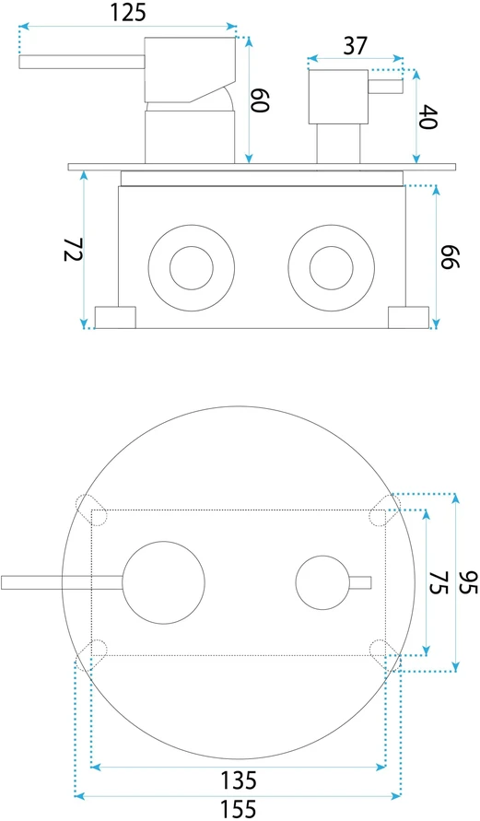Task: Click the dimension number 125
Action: point(128,12)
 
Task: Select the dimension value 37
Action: point(355,46)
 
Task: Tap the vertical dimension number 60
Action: point(260,100)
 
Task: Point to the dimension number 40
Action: point(428,117)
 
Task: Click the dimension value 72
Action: point(74,251)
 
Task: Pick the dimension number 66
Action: point(450,256)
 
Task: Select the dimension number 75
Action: point(439,581)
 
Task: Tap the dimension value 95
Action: point(469,581)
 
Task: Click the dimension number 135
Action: point(239,780)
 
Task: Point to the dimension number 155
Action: point(239,809)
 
